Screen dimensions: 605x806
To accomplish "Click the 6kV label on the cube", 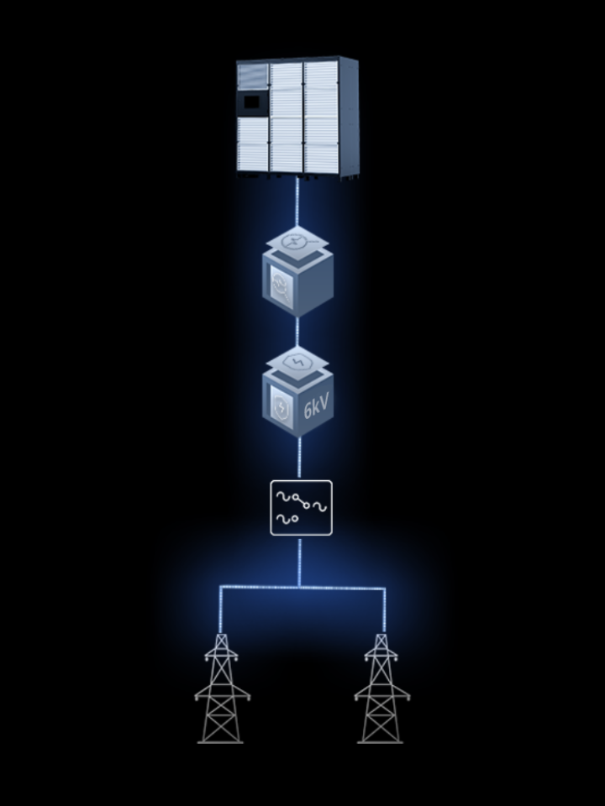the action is (316, 406).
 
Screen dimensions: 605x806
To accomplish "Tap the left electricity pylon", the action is (222, 688).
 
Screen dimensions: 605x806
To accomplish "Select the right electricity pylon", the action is (381, 688).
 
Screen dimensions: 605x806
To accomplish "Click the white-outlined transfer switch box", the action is (302, 508).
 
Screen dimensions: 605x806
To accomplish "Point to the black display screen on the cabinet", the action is (252, 102).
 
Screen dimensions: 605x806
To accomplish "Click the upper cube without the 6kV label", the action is (297, 271).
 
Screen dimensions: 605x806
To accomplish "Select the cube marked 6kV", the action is (297, 392).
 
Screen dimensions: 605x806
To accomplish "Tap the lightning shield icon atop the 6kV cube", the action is (297, 363).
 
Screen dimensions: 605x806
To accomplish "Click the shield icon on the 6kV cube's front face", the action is (282, 408).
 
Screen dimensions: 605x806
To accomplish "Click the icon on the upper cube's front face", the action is (282, 287).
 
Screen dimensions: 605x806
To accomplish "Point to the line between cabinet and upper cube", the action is (297, 201).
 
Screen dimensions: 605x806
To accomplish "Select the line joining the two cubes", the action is (297, 332).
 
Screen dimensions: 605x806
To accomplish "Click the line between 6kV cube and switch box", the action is (299, 458).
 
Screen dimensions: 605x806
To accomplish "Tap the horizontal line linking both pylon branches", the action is (302, 587).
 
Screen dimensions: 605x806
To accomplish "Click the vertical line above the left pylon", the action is (221, 610).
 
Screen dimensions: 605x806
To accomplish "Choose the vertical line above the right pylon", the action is (384, 610).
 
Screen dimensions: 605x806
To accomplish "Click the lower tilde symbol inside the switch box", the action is (283, 519).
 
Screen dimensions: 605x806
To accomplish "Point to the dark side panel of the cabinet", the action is (348, 118).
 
